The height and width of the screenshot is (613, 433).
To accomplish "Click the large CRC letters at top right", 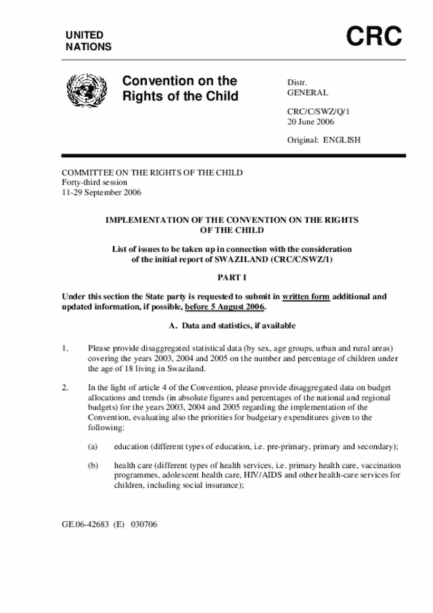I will tap(374, 37).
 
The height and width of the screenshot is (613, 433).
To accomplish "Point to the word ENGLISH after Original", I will tap(342, 140).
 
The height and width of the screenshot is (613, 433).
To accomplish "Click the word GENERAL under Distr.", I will tap(308, 93).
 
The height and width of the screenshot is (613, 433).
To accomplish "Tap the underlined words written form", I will tap(306, 296).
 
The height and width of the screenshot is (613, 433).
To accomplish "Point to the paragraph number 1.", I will tap(65, 348).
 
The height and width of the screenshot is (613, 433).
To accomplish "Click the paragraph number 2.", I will tap(65, 387).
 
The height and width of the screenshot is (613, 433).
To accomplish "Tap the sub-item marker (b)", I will tap(93, 466).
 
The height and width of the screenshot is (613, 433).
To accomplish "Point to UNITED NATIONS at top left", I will tap(88, 41).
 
